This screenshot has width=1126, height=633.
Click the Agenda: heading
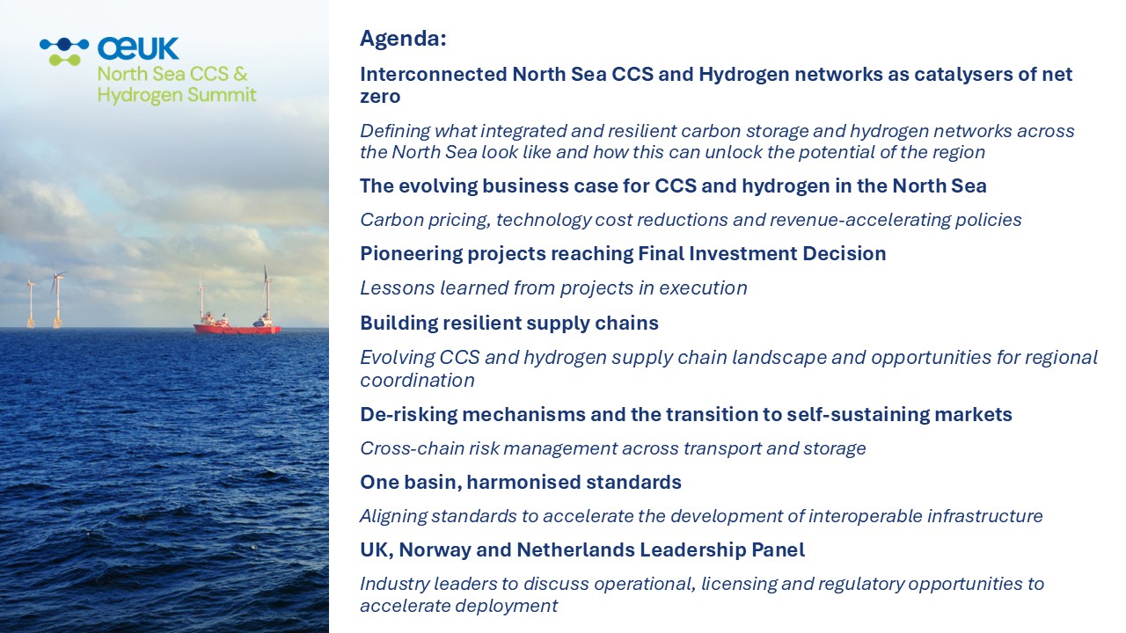403,39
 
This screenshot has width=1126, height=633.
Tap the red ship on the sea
238,325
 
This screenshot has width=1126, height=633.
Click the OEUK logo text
138,48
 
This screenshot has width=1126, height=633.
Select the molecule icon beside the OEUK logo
64,52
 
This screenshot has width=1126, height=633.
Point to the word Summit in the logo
222,94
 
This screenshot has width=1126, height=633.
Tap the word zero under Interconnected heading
380,97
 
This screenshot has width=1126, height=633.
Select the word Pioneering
411,254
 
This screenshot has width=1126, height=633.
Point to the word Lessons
397,287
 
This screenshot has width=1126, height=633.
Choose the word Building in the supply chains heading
398,324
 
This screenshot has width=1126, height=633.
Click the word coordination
417,381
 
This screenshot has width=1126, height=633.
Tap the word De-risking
409,415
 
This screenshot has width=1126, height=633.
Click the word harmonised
523,483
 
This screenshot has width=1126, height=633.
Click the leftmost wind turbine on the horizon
31,304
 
